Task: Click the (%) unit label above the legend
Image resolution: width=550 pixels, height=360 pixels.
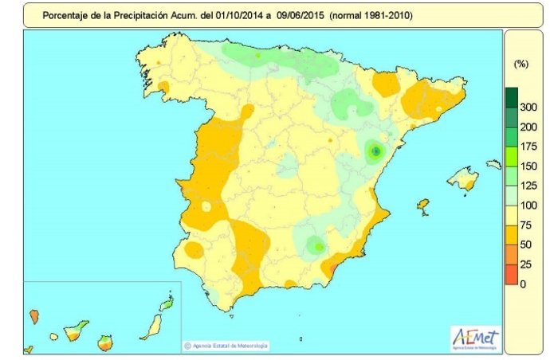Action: (522, 64)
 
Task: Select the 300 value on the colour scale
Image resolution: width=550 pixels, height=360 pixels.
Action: (527, 107)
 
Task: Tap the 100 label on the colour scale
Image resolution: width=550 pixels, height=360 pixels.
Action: (527, 205)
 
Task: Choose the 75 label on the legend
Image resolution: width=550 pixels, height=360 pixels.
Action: (527, 225)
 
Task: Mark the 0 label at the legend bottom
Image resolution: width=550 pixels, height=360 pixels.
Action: (523, 284)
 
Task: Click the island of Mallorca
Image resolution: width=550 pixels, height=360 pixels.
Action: (462, 181)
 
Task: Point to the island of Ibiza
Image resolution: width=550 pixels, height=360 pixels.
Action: (422, 207)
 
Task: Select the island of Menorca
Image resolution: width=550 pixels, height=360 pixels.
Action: (494, 165)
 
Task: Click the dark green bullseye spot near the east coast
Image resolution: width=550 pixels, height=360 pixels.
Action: (376, 151)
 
